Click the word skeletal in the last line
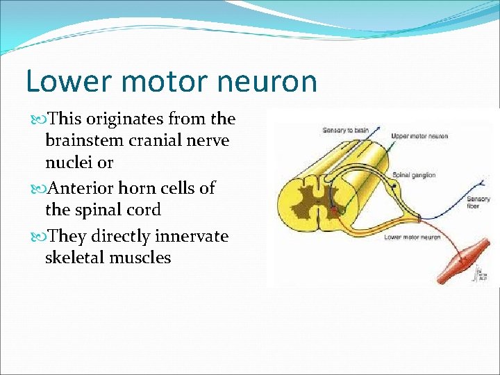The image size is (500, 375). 75,258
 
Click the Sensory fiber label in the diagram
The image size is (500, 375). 480,203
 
